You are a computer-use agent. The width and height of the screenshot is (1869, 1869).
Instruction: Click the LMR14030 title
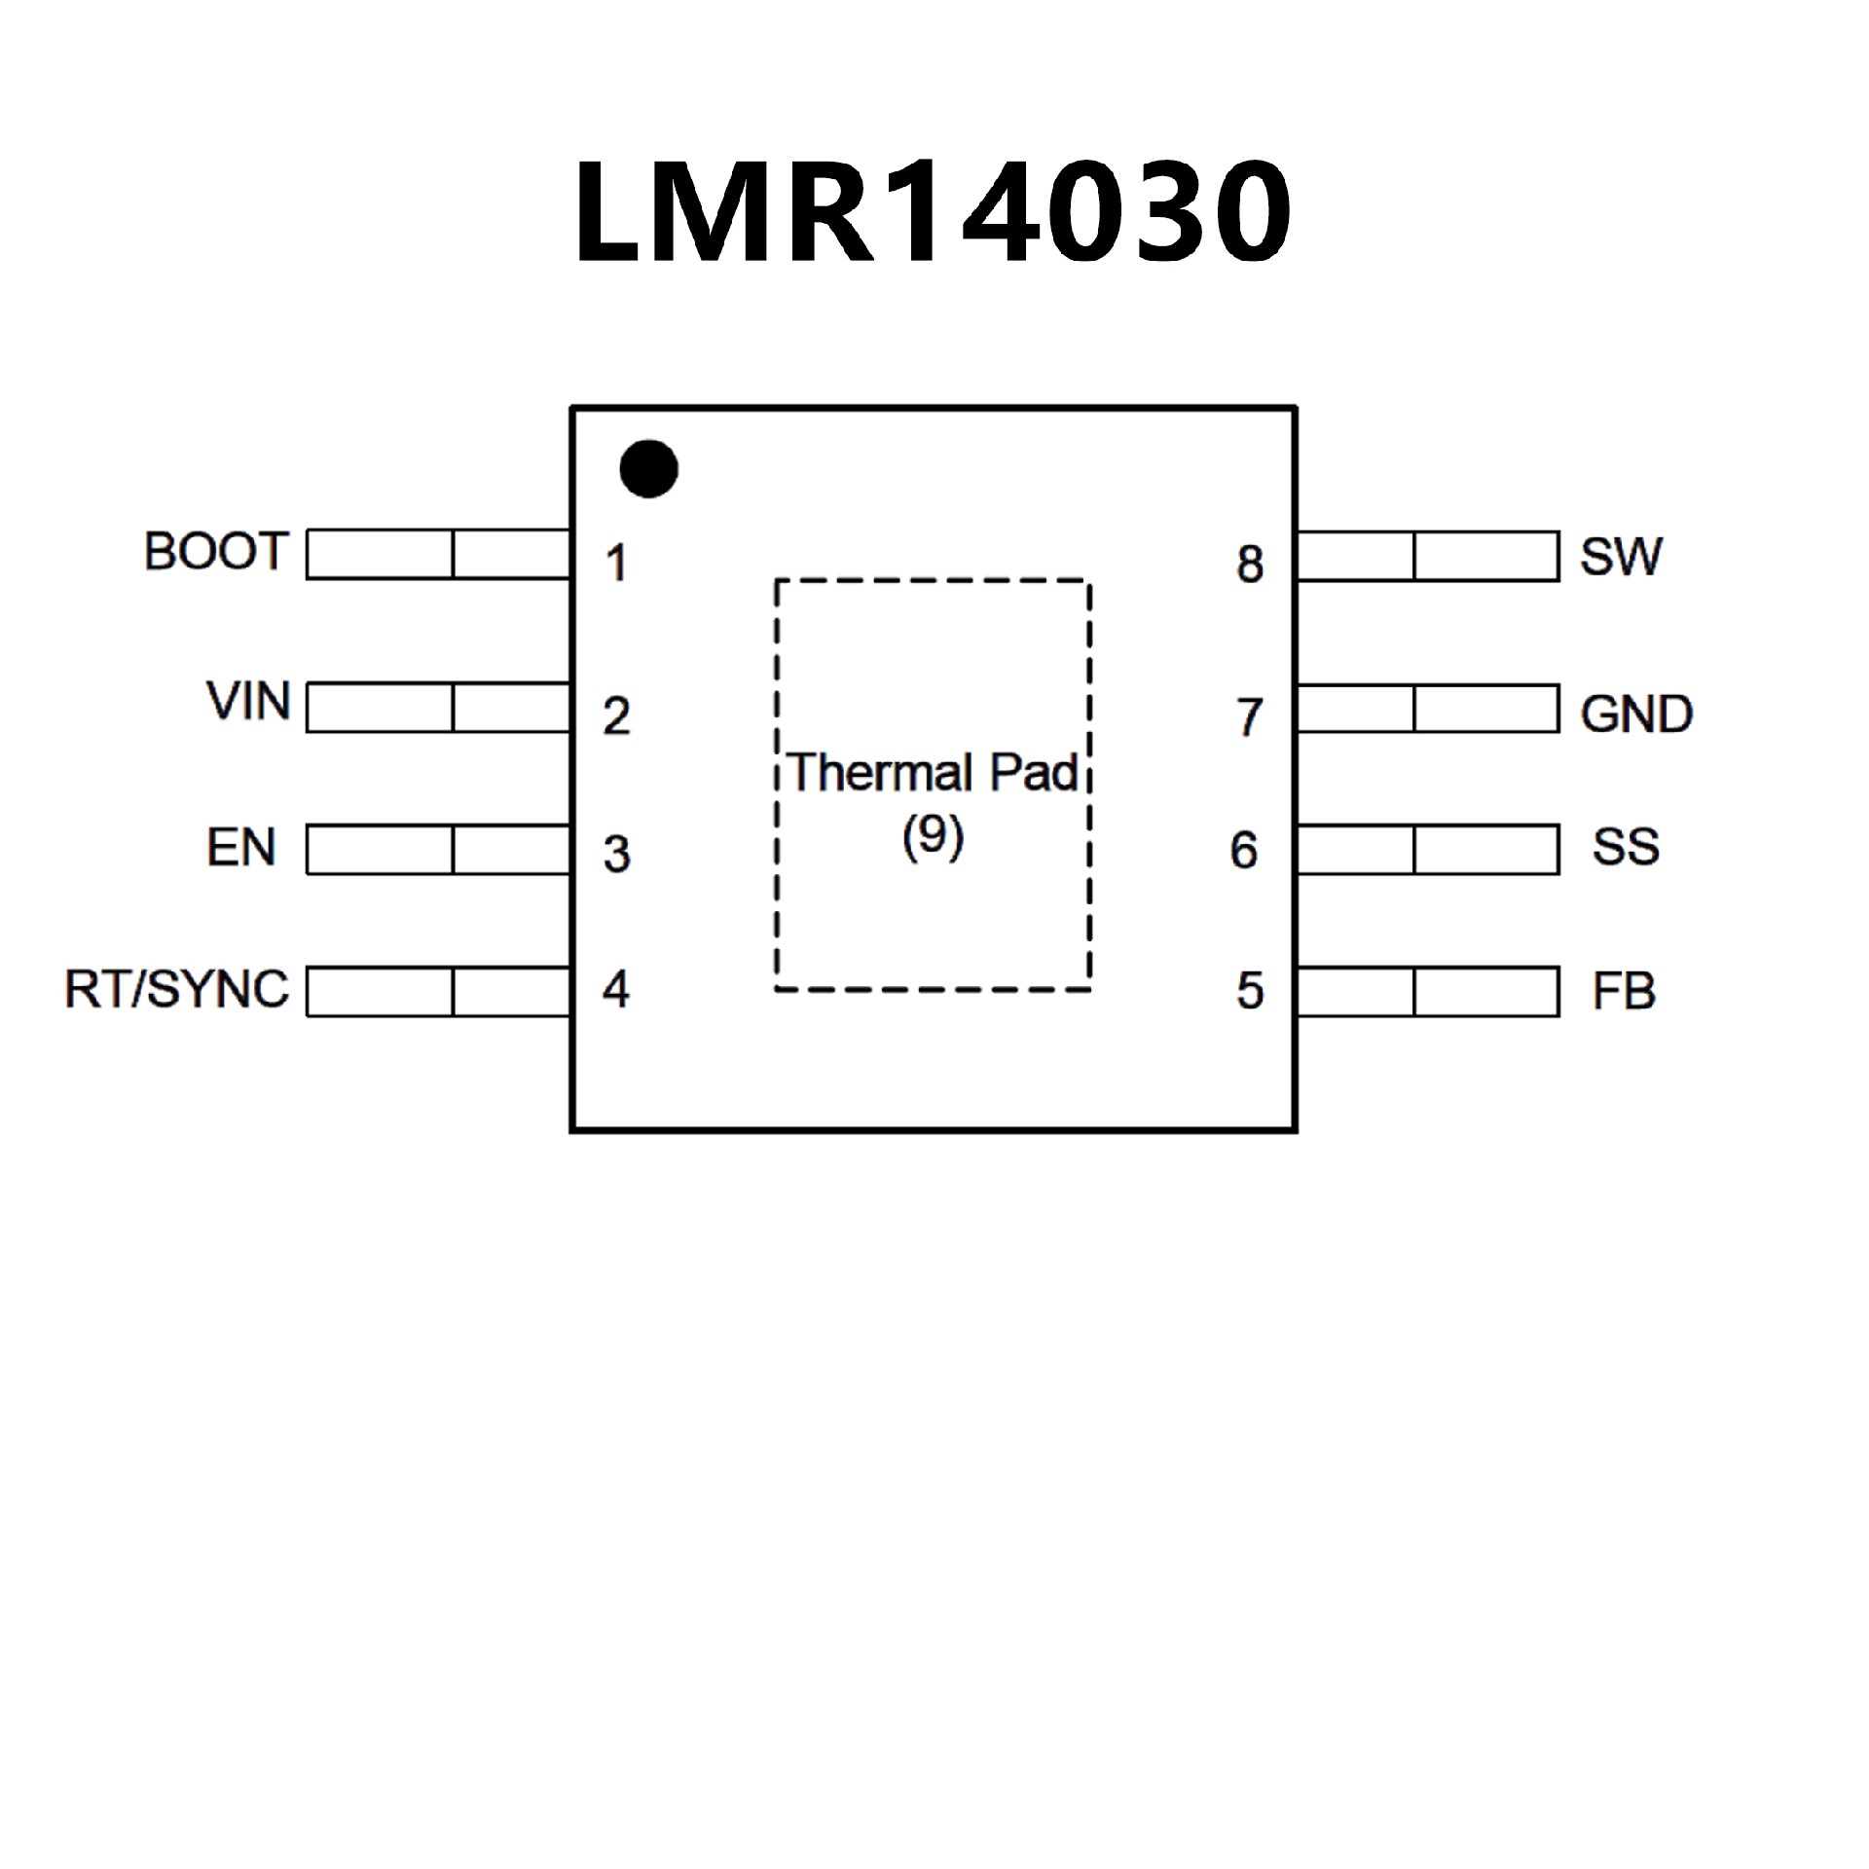933,212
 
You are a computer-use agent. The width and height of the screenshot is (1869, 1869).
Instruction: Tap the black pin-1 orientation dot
648,468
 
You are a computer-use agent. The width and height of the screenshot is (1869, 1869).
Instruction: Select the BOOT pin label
216,551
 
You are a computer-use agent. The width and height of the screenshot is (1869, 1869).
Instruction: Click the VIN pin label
248,701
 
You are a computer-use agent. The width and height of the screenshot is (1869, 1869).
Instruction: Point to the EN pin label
241,848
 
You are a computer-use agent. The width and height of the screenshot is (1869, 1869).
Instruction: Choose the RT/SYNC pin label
176,989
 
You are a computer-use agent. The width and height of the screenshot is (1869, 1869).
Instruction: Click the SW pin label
1621,556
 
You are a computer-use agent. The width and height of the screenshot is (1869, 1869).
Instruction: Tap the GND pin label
1636,715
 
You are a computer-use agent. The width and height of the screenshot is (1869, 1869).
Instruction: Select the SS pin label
1626,847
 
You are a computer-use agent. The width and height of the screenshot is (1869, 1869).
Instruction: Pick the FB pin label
1624,992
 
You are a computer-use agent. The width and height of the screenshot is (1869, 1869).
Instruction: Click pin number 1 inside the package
616,564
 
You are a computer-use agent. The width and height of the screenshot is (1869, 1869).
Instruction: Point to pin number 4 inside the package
616,989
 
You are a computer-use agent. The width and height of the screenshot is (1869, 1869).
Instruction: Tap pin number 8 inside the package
1250,565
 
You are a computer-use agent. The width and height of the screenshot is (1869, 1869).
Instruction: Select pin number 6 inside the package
1244,851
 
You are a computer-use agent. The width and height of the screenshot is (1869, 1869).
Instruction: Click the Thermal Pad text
933,774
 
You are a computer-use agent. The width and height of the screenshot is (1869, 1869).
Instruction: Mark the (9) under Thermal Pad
933,835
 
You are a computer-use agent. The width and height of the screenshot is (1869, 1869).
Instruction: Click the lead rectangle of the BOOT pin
438,554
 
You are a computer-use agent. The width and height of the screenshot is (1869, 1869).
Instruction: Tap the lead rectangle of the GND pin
1428,709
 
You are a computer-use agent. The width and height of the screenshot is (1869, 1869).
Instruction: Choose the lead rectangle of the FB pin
1428,991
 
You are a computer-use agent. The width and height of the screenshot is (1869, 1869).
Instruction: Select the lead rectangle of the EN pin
438,850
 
